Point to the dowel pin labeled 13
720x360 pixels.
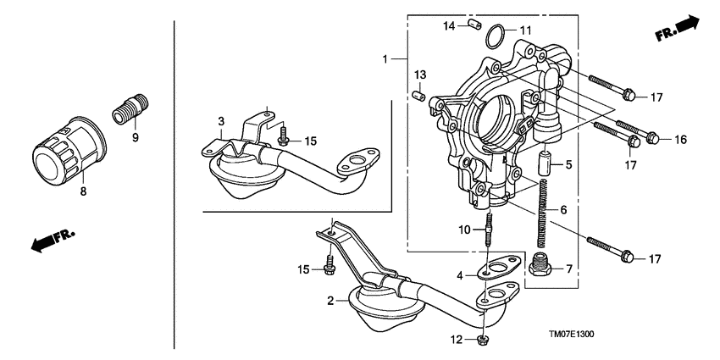click(417, 95)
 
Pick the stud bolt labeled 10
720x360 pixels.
click(490, 230)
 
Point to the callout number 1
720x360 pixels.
click(385, 59)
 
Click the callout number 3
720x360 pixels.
click(220, 121)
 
